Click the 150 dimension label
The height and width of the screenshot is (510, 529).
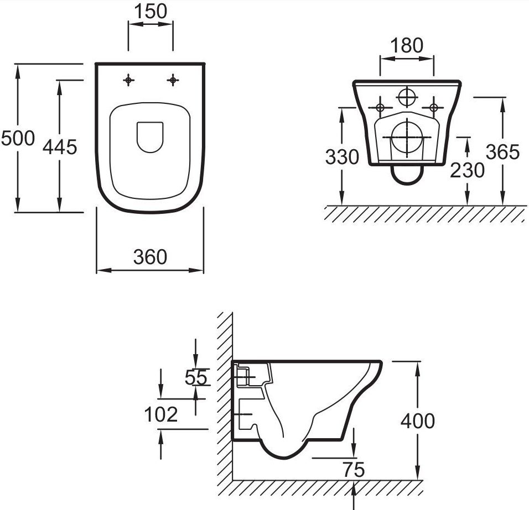pyautogui.click(x=151, y=11)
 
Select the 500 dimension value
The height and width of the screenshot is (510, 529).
pyautogui.click(x=18, y=138)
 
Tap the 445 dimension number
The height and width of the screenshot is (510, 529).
pyautogui.click(x=60, y=147)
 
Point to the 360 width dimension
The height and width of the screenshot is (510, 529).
pyautogui.click(x=150, y=257)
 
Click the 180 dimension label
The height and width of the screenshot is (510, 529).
pyautogui.click(x=407, y=45)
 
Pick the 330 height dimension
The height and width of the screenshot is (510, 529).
pyautogui.click(x=342, y=157)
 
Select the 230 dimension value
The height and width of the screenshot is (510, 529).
pyautogui.click(x=467, y=170)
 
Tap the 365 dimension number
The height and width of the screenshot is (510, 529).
pyautogui.click(x=502, y=152)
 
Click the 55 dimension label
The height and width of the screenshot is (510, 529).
pyautogui.click(x=196, y=377)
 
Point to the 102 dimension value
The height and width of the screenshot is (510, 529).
pyautogui.click(x=161, y=414)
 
